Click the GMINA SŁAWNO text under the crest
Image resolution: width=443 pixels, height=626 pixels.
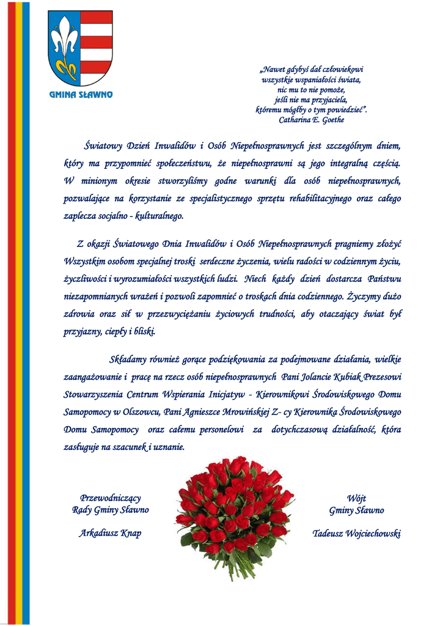pyautogui.click(x=81, y=95)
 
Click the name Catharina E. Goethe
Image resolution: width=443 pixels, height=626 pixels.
pyautogui.click(x=312, y=120)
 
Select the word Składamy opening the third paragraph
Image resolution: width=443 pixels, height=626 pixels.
pyautogui.click(x=131, y=359)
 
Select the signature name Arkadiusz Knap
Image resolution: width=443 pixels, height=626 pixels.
pyautogui.click(x=110, y=533)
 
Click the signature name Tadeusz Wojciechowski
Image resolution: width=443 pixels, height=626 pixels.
pyautogui.click(x=357, y=533)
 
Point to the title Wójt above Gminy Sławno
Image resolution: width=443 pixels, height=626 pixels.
pyautogui.click(x=357, y=498)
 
